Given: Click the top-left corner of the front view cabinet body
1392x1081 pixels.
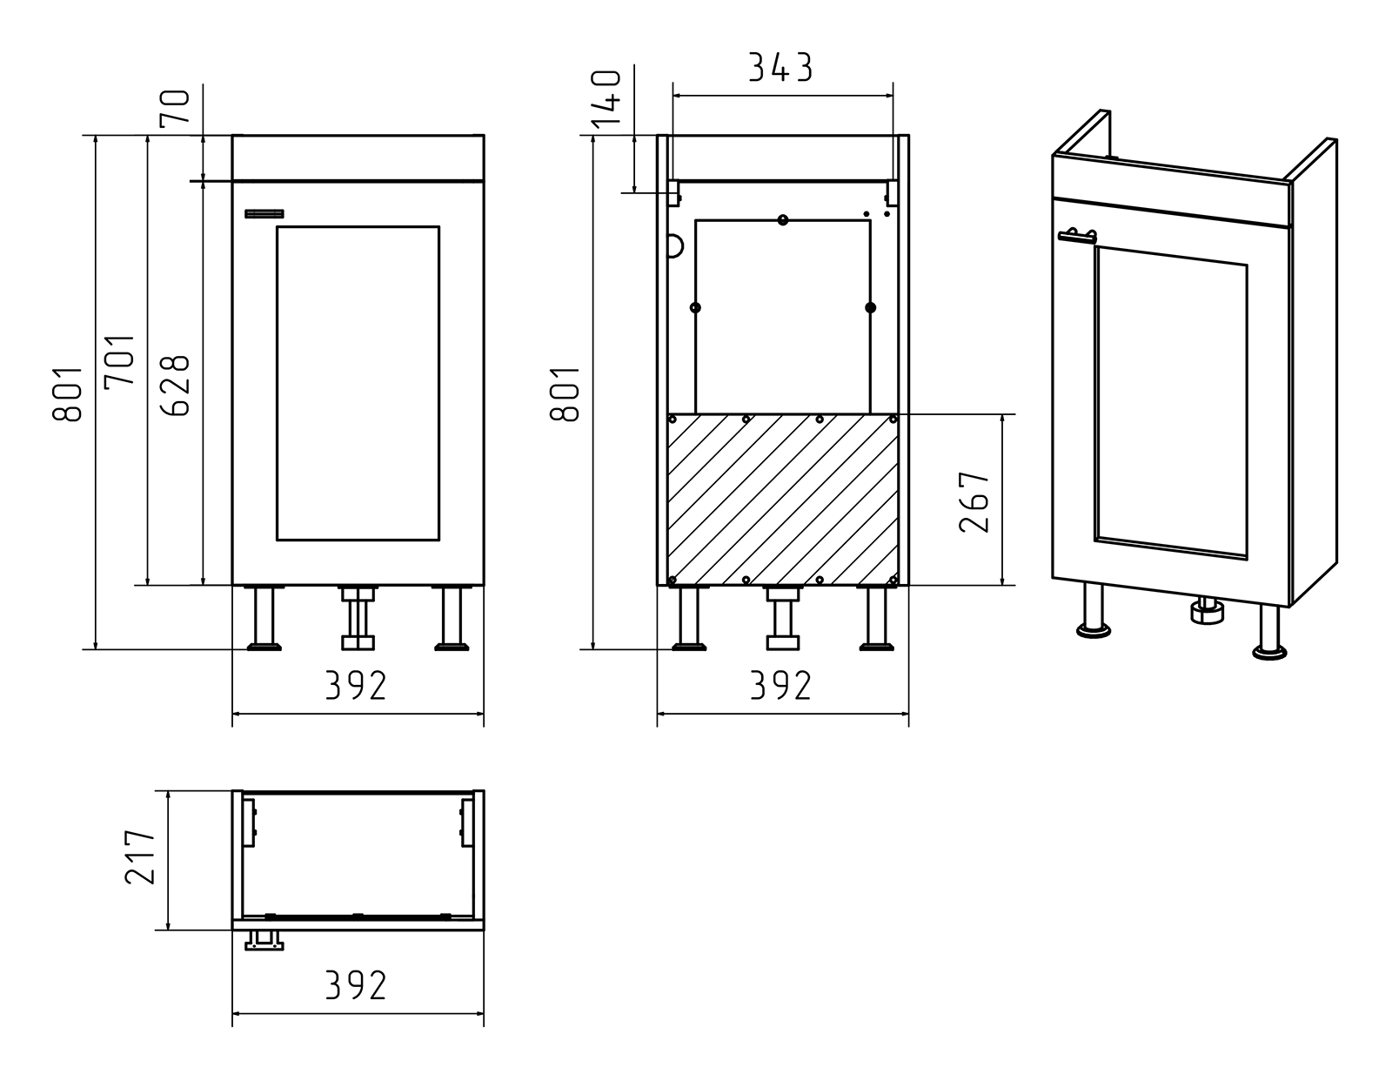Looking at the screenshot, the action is [232, 135].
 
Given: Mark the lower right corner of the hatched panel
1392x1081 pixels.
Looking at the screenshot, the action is [898, 585].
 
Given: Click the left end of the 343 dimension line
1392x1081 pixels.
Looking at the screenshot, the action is [673, 96].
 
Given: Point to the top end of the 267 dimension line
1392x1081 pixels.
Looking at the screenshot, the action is [1002, 414].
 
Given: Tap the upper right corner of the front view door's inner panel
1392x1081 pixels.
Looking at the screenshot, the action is [439, 227].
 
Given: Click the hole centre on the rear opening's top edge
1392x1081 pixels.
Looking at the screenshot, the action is [783, 220].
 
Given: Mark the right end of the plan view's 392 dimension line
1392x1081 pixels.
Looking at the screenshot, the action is [484, 1013].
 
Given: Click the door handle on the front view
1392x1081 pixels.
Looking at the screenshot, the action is [264, 214].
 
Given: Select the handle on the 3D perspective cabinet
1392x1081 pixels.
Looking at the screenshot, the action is [1077, 237].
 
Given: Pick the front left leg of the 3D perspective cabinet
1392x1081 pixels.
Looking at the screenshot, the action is [1094, 611].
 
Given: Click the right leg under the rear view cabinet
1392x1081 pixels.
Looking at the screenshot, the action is [876, 618].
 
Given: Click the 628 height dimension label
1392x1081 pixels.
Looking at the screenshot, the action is [176, 385].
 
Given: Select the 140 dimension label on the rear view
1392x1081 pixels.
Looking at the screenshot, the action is [606, 98].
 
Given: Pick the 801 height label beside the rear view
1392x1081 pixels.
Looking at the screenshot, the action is [565, 393].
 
